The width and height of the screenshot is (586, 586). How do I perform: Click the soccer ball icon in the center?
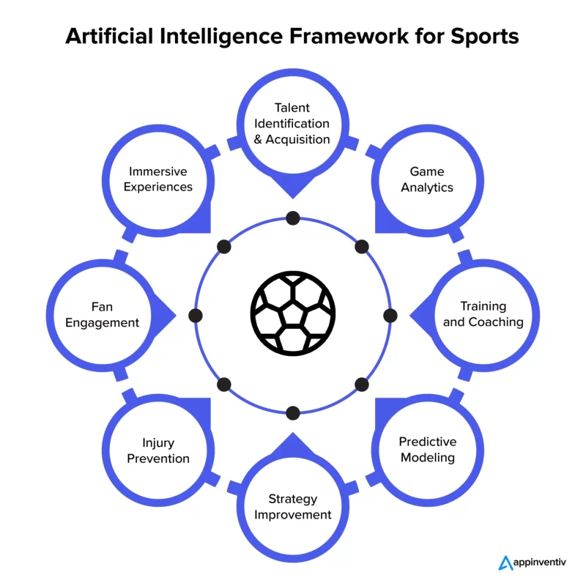(292, 314)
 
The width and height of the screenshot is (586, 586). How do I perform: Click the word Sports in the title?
(484, 36)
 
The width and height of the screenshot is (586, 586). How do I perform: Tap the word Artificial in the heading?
(109, 36)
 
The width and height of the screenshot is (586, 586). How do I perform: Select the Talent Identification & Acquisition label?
(292, 123)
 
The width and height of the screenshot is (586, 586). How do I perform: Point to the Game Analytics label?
(427, 179)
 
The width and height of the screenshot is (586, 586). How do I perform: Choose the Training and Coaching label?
(483, 314)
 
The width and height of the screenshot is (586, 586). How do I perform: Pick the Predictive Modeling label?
(428, 449)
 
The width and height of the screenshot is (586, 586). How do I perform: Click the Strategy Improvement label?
(292, 506)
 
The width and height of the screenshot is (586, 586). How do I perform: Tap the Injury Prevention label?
(158, 450)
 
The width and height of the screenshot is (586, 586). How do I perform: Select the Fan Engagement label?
(102, 314)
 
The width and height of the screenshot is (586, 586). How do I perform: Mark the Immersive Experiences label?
(158, 179)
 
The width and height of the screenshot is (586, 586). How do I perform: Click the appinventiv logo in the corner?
(532, 563)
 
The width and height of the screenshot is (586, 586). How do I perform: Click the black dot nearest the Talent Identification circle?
(292, 218)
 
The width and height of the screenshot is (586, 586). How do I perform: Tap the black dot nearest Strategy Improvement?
(292, 413)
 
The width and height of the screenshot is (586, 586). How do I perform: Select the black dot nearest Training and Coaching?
(390, 316)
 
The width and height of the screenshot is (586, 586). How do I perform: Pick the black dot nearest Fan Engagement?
(196, 316)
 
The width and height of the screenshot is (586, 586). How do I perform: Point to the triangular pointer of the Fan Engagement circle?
(163, 316)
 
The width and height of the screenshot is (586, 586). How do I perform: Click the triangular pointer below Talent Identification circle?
(292, 186)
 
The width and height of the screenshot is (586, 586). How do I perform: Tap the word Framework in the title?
(349, 36)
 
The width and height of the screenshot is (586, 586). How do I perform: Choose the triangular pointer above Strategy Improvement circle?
(292, 445)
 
